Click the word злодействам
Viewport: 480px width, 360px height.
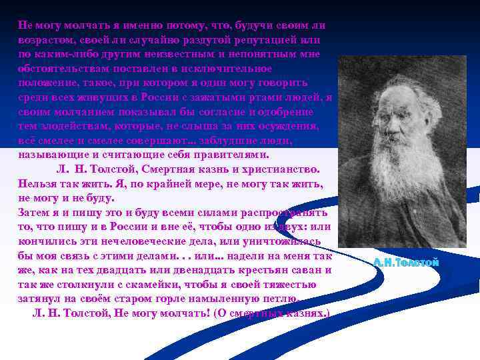tap(77, 127)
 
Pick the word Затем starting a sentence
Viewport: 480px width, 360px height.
tap(34, 213)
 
